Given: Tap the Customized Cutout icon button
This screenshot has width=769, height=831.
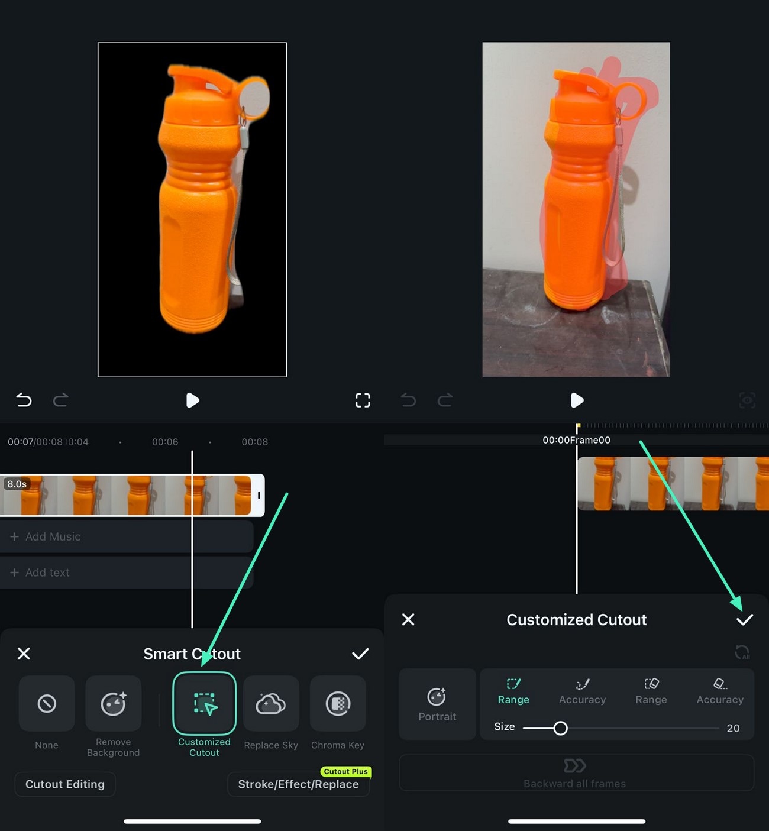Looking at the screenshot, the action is (x=204, y=703).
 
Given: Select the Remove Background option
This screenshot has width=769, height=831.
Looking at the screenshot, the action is (x=113, y=703).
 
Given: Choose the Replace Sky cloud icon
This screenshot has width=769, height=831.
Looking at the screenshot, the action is (x=271, y=703).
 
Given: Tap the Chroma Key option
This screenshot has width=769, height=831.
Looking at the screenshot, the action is (x=338, y=703).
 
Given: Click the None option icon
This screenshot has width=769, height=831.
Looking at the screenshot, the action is (x=47, y=703).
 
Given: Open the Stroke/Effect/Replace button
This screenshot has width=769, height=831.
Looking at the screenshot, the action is (x=298, y=784).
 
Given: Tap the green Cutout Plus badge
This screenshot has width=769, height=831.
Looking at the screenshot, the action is (x=345, y=771).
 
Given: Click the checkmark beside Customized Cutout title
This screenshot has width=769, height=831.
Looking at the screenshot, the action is (x=744, y=619).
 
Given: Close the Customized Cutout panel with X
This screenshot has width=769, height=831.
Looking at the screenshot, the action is (x=408, y=619).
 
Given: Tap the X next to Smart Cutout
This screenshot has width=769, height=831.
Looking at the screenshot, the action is (x=24, y=654).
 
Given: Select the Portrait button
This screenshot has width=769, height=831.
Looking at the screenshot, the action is (x=437, y=704).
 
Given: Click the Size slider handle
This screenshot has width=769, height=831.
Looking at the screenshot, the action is (x=560, y=728).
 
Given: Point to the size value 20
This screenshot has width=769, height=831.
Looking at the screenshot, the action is (x=733, y=728).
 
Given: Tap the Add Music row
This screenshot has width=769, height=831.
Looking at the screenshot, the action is (x=127, y=536).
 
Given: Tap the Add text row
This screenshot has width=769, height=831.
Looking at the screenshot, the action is (x=127, y=573).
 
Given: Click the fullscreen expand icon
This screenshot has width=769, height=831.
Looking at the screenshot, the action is (x=363, y=400).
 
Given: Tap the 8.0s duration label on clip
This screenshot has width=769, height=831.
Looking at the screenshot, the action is (x=17, y=484).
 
